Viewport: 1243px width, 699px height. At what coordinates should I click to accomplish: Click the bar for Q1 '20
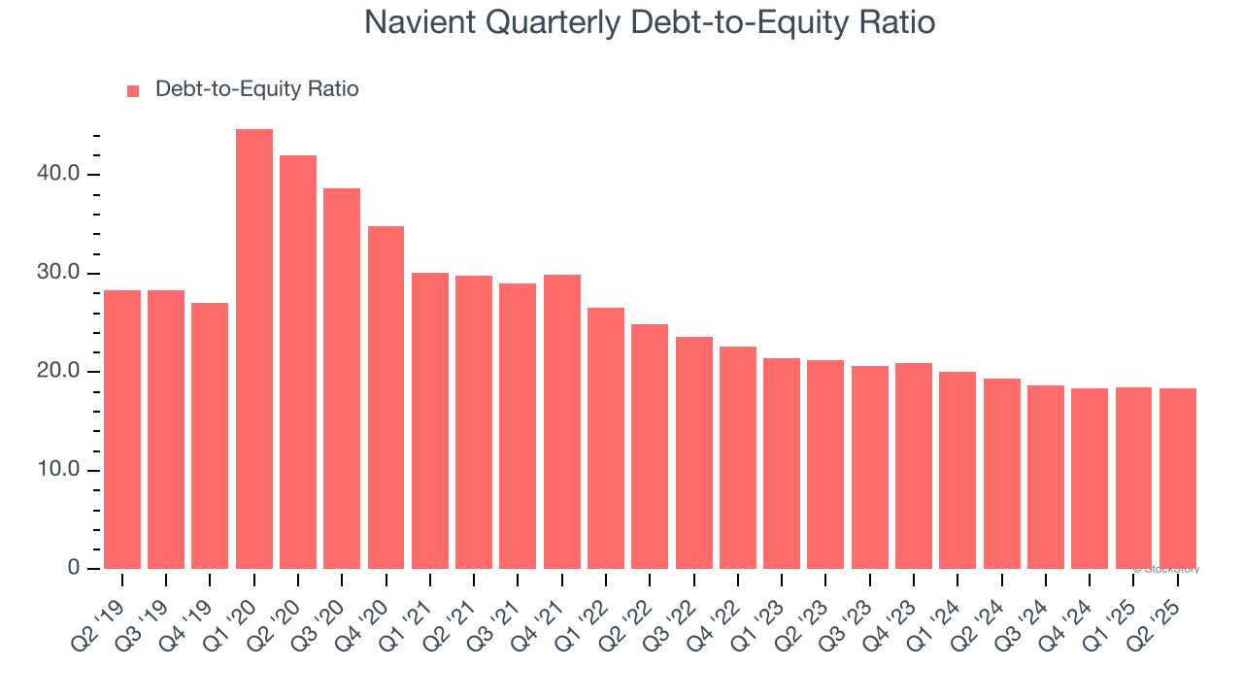pos(254,349)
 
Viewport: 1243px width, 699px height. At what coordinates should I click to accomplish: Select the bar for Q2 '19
pos(122,429)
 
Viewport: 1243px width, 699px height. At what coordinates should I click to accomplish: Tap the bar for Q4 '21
pos(562,421)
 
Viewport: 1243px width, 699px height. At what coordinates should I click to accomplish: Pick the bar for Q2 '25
pos(1178,479)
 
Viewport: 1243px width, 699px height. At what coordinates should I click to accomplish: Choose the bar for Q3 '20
pos(342,379)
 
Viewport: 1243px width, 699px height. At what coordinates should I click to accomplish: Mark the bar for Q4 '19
pos(210,436)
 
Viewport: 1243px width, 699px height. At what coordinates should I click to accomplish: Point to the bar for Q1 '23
pos(782,463)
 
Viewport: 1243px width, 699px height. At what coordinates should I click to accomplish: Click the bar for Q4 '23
pos(914,466)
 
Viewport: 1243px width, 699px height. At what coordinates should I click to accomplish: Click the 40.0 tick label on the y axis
pos(60,175)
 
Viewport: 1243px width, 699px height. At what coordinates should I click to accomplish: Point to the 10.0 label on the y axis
pos(60,471)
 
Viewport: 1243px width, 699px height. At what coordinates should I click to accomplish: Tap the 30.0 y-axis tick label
pos(60,274)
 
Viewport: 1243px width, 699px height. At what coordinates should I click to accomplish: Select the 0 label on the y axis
pos(74,569)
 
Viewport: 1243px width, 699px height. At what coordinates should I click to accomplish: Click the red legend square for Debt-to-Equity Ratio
pos(134,91)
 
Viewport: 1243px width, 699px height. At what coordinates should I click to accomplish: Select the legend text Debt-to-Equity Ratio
pos(257,89)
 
